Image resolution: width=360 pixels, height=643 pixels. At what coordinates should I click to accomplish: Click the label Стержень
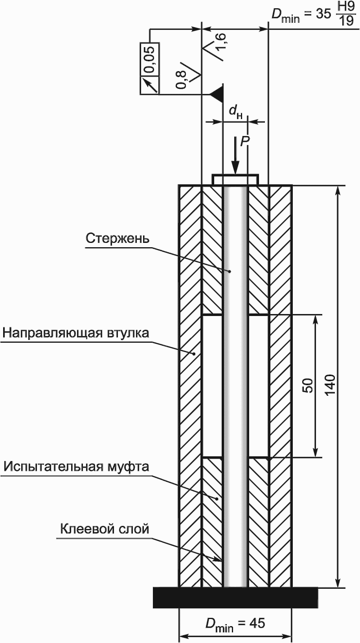tap(118, 239)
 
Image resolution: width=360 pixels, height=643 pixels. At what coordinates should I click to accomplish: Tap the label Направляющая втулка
tap(76, 333)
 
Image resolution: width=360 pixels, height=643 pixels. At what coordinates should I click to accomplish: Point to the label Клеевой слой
tap(105, 529)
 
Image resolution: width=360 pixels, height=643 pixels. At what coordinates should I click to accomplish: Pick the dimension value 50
tap(309, 386)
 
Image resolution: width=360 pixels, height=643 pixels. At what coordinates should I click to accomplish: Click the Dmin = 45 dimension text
tap(235, 623)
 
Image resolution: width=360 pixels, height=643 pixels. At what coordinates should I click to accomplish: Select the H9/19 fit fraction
tap(347, 16)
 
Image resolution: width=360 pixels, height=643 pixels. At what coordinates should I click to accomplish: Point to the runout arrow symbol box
tap(150, 85)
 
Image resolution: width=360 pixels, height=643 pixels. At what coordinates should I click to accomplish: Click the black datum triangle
tap(217, 94)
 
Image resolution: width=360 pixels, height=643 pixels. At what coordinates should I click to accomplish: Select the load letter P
tap(244, 141)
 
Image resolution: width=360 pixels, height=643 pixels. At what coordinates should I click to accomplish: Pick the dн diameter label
tap(235, 112)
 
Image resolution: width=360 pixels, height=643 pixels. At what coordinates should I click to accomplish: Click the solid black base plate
tap(235, 597)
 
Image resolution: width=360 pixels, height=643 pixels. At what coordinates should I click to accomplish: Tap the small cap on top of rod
tap(235, 179)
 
